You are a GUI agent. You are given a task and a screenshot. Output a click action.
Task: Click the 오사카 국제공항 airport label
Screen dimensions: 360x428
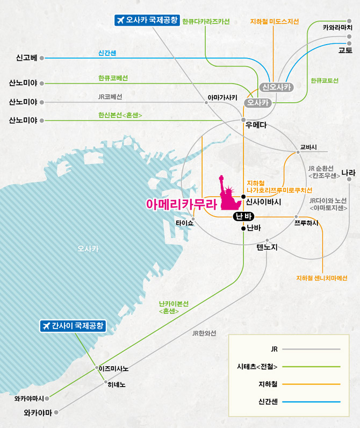147,20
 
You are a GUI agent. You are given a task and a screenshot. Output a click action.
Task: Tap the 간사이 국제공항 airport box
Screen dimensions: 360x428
73,326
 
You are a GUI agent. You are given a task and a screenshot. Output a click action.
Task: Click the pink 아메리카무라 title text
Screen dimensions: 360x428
182,204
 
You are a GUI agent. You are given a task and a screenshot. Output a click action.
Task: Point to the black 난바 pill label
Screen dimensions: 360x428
243,217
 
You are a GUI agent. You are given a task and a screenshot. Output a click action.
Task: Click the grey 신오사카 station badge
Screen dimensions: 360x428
276,87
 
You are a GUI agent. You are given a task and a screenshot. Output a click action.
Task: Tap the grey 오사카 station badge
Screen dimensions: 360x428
258,103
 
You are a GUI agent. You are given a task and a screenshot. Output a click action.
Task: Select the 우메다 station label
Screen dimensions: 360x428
256,125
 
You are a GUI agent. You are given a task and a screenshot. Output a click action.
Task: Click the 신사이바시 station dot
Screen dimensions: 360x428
243,197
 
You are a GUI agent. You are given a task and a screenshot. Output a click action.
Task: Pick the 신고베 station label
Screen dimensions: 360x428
26,58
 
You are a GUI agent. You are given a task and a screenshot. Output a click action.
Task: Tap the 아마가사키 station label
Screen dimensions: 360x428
222,97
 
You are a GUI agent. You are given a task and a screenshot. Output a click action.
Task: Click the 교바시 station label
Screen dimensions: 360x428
308,147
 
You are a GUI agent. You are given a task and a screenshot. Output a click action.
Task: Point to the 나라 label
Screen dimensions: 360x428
349,173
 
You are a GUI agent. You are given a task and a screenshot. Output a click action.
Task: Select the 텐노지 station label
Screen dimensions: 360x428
267,247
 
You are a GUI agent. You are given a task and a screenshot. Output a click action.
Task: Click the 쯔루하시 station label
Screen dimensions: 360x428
306,223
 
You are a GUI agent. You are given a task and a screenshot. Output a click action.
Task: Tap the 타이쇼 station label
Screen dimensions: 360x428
184,223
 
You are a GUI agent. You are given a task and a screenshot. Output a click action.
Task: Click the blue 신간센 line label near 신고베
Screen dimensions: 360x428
107,53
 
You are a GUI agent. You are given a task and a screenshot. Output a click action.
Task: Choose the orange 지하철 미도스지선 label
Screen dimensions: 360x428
275,22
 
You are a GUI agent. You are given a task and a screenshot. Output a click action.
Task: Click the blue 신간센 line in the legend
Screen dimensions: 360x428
311,402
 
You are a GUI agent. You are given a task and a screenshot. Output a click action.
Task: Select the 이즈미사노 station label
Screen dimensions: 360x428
113,369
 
